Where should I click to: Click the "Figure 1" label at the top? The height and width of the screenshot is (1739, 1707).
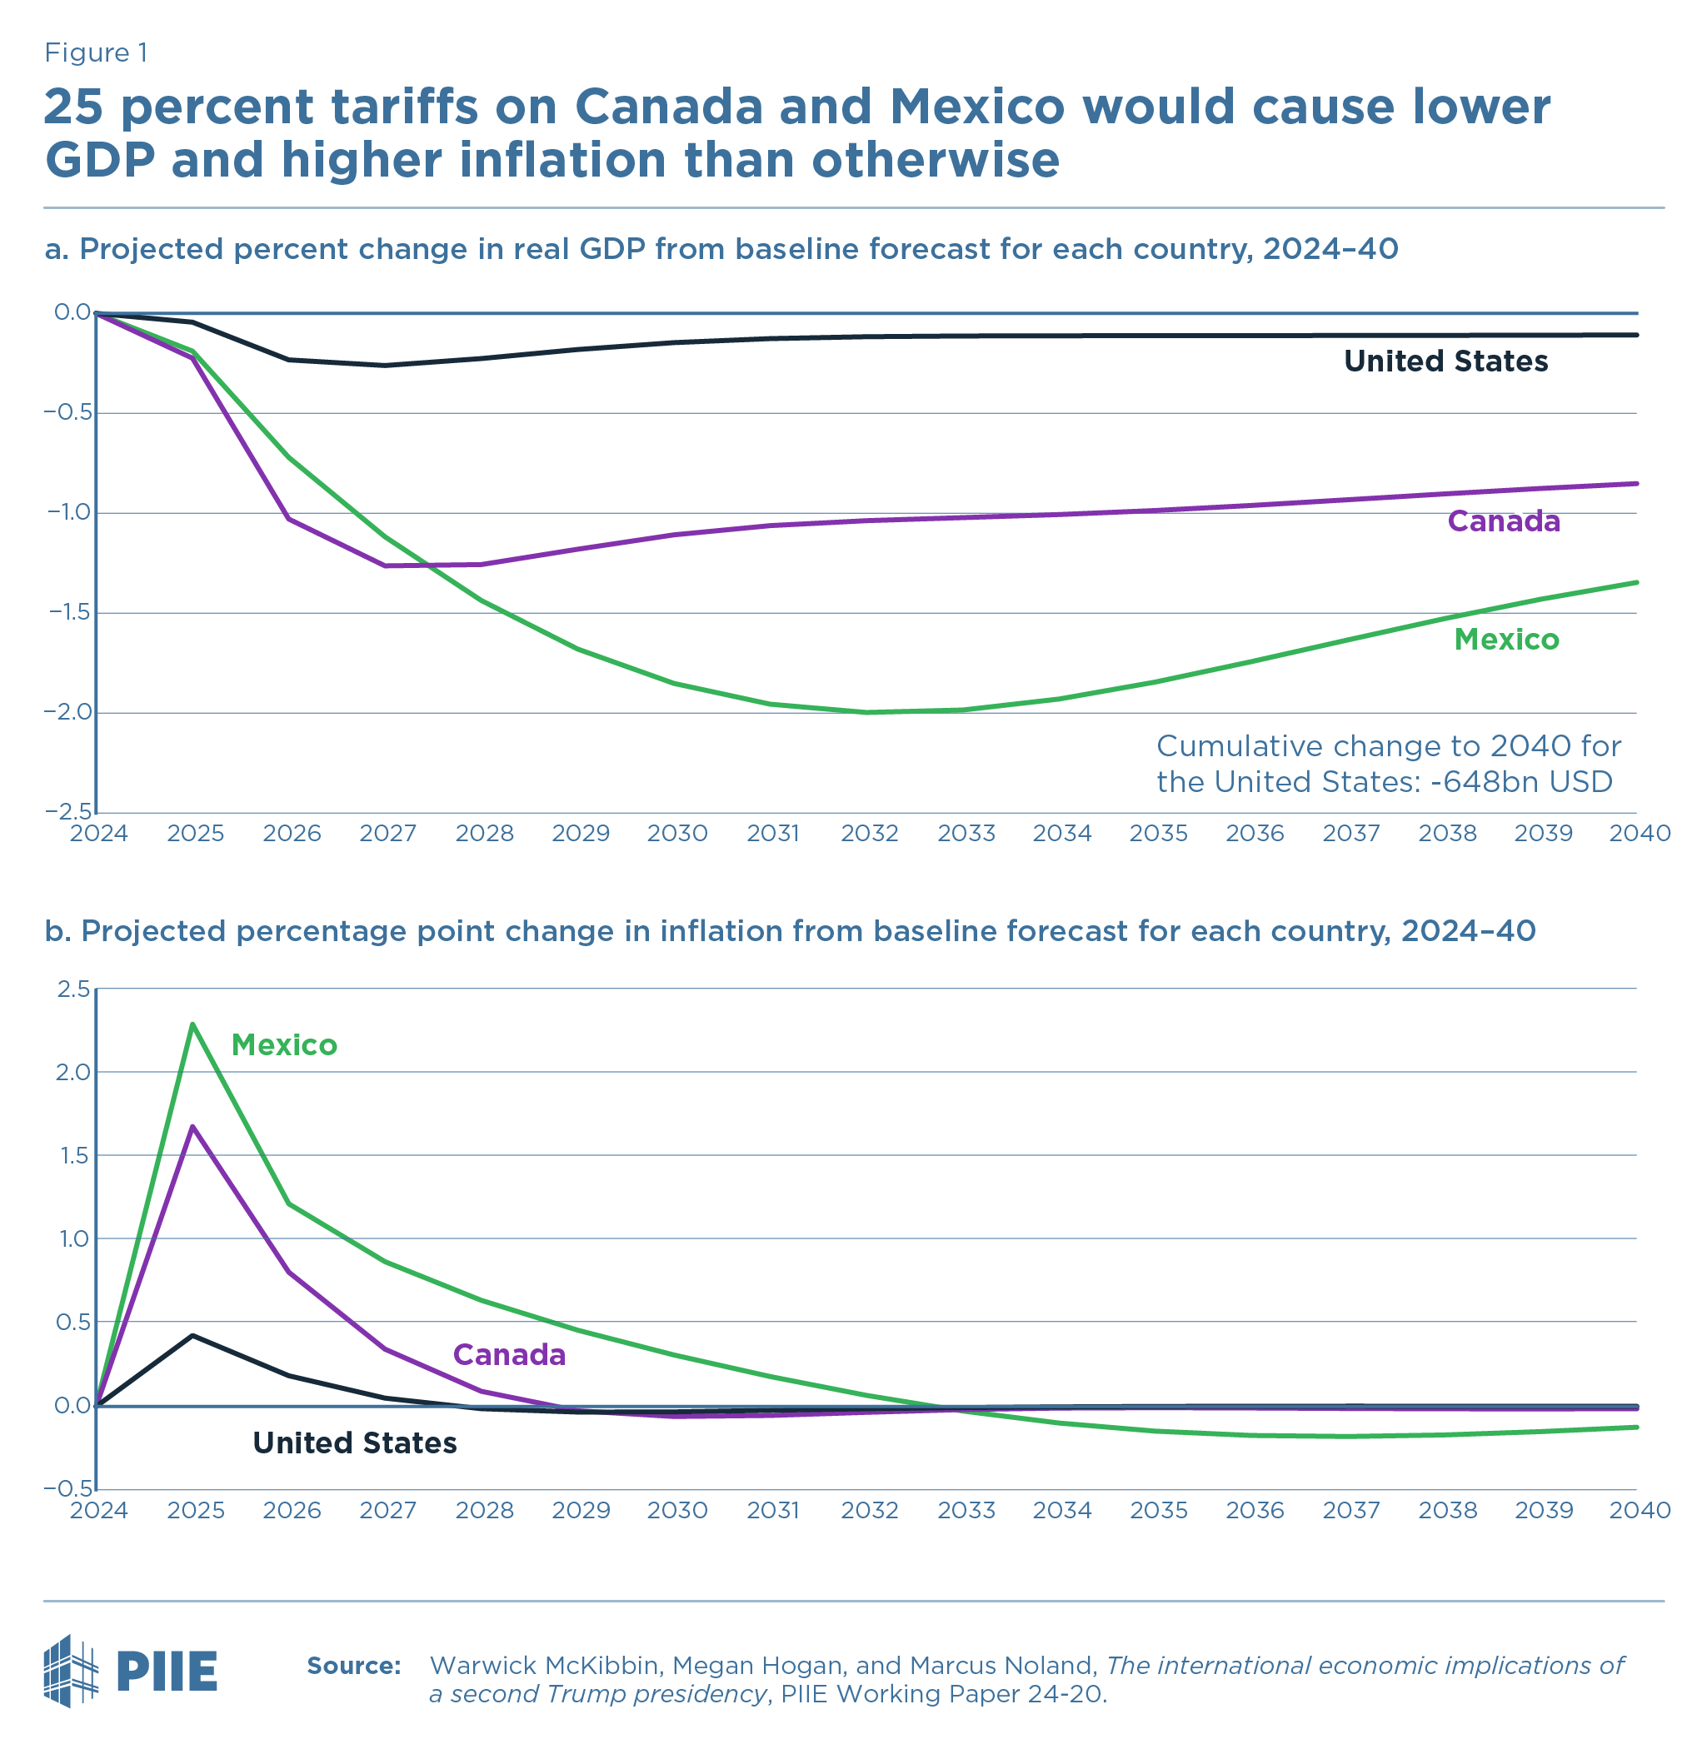tap(96, 54)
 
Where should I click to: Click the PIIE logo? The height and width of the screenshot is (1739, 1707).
tap(131, 1670)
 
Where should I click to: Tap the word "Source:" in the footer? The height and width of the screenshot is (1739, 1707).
tap(353, 1666)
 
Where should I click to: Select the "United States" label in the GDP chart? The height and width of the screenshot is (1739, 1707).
tap(1445, 361)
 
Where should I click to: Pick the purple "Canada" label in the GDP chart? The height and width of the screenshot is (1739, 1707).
tap(1504, 521)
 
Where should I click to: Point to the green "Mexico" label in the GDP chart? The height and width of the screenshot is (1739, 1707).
tap(1506, 639)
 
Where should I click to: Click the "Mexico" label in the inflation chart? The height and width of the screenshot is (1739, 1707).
tap(284, 1044)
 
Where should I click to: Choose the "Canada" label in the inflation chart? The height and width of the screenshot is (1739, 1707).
tap(509, 1354)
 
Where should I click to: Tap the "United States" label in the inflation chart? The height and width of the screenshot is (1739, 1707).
tap(354, 1443)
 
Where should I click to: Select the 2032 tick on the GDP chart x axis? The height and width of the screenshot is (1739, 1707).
tap(870, 834)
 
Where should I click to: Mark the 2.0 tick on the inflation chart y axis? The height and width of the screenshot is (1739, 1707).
tap(73, 1072)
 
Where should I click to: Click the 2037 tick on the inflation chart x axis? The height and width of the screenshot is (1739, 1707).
tap(1351, 1511)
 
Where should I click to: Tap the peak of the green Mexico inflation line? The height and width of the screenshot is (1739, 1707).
tap(192, 1024)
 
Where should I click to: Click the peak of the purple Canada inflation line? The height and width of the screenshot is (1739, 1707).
tap(192, 1127)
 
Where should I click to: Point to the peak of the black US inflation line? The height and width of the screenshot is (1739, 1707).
tap(192, 1336)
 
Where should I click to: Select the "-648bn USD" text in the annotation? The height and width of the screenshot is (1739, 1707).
tap(1521, 782)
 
